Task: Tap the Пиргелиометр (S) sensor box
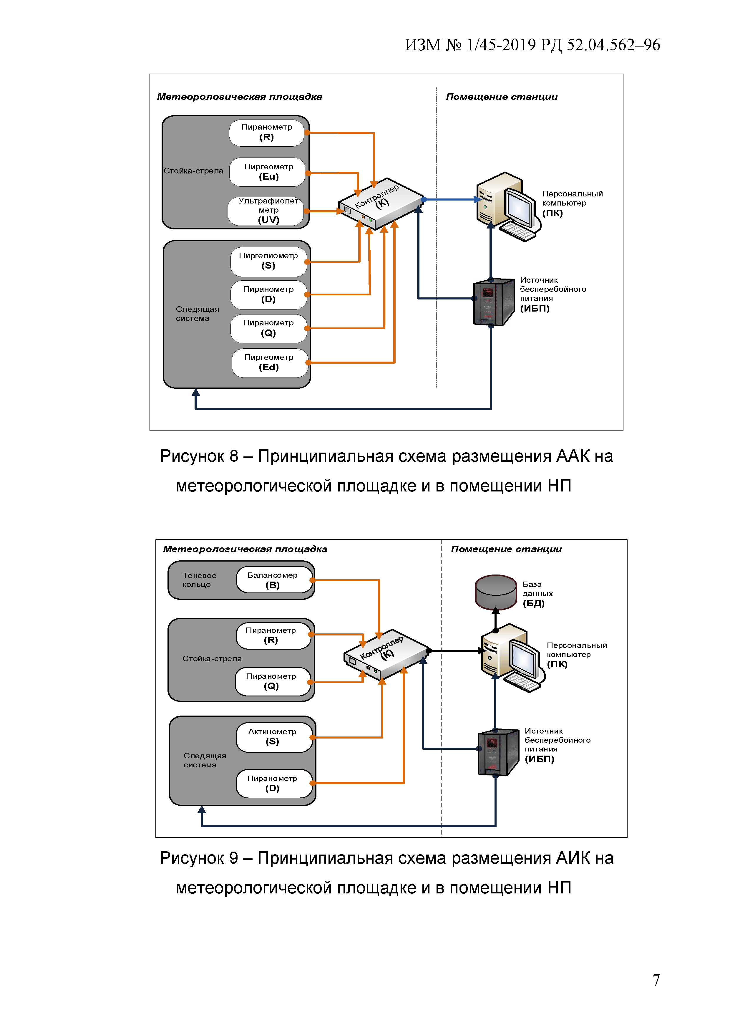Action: [268, 261]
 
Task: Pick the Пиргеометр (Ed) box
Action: [269, 362]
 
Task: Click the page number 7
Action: [656, 979]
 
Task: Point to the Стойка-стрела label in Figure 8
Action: [193, 171]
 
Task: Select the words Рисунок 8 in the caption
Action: [199, 456]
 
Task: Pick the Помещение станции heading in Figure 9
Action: [506, 549]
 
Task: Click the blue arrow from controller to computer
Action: [450, 199]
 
